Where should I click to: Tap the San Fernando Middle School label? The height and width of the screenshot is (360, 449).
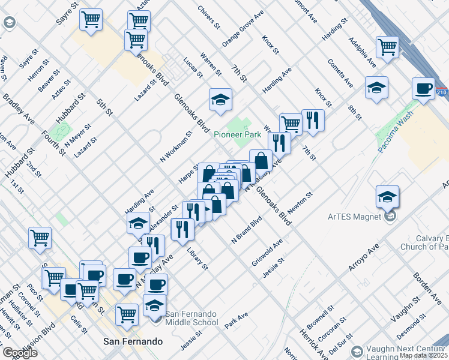[192, 318]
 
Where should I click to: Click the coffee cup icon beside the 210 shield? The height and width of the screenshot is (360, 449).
[423, 89]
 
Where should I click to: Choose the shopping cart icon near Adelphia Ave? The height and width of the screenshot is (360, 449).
[388, 47]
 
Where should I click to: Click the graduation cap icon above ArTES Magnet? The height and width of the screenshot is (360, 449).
[387, 196]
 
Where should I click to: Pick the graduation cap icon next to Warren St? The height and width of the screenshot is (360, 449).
[220, 99]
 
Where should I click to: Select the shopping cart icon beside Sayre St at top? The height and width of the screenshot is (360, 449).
[91, 20]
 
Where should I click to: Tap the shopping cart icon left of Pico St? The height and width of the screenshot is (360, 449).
[40, 238]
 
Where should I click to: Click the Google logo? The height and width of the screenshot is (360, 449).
[20, 353]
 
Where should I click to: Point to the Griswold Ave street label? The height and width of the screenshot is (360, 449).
[267, 253]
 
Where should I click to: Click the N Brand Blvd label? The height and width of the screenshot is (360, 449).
[247, 230]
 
